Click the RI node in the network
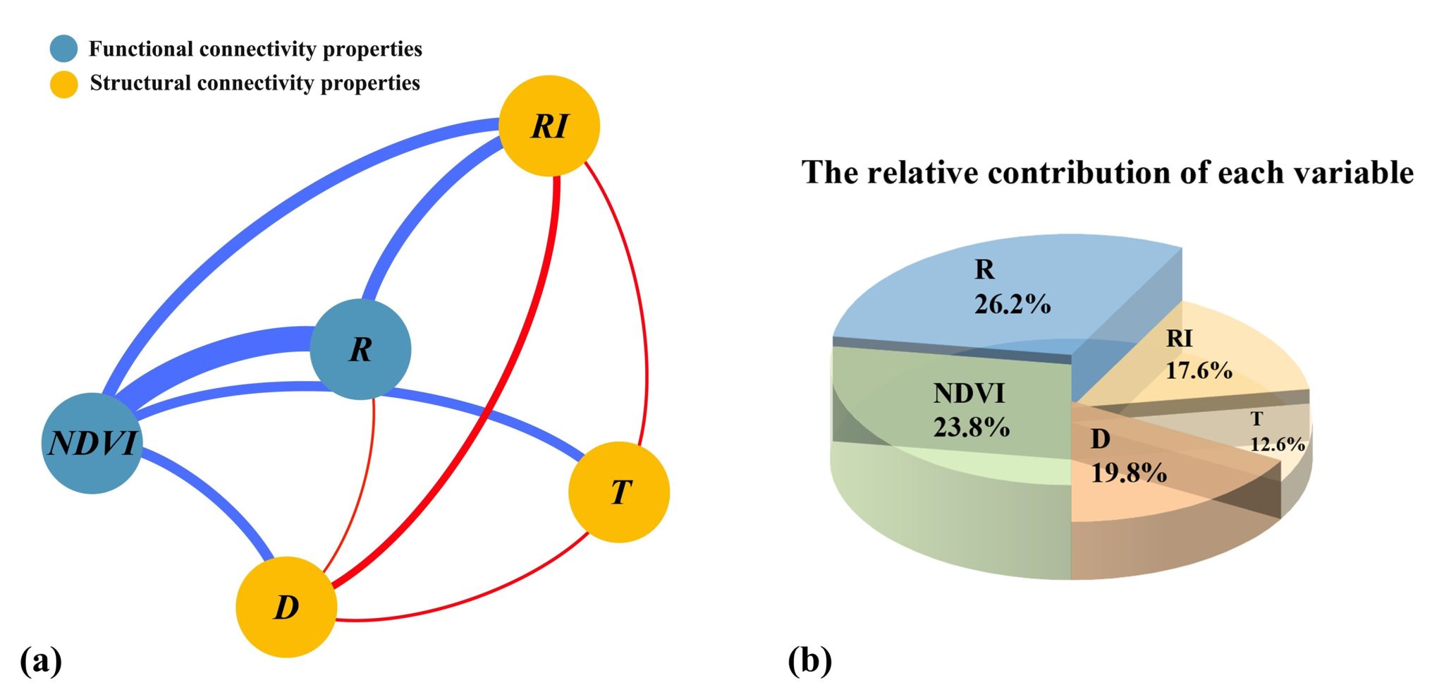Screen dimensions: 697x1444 point(549,126)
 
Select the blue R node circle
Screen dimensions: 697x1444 point(360,349)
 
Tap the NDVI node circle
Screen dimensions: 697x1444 point(92,443)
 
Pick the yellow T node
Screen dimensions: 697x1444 point(618,492)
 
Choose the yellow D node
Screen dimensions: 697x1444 point(286,607)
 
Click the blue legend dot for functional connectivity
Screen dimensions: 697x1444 point(63,49)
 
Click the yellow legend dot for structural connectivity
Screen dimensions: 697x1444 point(63,84)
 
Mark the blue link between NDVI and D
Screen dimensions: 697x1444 point(212,494)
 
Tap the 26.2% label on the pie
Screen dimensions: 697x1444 point(1012,304)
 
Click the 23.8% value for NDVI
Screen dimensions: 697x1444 point(972,428)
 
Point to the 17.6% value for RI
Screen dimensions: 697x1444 point(1199,370)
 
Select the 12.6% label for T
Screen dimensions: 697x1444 point(1277,444)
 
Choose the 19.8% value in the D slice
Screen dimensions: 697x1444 point(1129,473)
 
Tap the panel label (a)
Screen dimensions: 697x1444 point(41,661)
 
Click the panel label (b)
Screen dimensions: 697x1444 point(809,661)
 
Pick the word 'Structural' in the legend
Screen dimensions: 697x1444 point(140,83)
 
